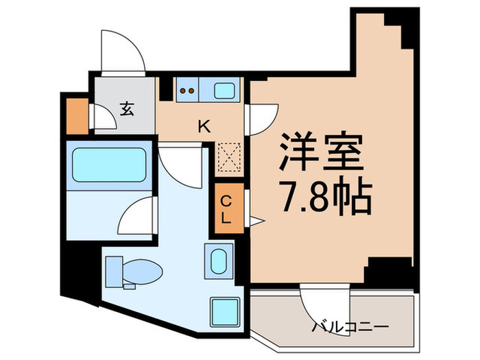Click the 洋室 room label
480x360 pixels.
point(320,153)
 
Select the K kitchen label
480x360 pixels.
point(204,126)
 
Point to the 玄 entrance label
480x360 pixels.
point(127,108)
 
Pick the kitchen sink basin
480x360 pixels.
point(224,90)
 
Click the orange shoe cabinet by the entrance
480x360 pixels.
point(77,117)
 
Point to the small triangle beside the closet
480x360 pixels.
point(255,221)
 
